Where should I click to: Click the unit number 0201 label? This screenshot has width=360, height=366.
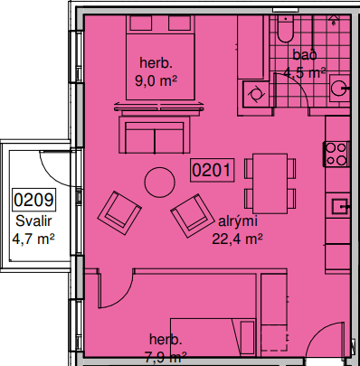213,170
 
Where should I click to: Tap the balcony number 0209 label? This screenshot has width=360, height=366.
33,200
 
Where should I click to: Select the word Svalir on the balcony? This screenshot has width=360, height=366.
33,221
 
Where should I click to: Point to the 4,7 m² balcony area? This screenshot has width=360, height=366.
33,239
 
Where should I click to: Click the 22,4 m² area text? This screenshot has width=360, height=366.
237,239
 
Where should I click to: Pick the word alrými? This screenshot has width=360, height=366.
238,221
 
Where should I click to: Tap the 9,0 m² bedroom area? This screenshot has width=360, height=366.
156,81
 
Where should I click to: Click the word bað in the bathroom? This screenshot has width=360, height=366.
305,55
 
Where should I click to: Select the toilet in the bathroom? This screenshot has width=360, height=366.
285,29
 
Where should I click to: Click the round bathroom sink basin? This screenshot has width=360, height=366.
338,88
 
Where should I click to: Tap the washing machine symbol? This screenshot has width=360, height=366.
256,94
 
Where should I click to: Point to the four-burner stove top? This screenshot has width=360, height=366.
336,154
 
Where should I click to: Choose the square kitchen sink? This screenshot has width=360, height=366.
341,207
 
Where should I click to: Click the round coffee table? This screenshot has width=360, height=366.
159,183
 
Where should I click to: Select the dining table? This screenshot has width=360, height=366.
270,183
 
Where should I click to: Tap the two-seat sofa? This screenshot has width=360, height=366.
155,135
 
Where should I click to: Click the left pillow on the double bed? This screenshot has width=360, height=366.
141,23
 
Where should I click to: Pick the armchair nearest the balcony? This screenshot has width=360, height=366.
119,212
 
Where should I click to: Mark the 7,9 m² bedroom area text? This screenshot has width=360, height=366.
166,358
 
